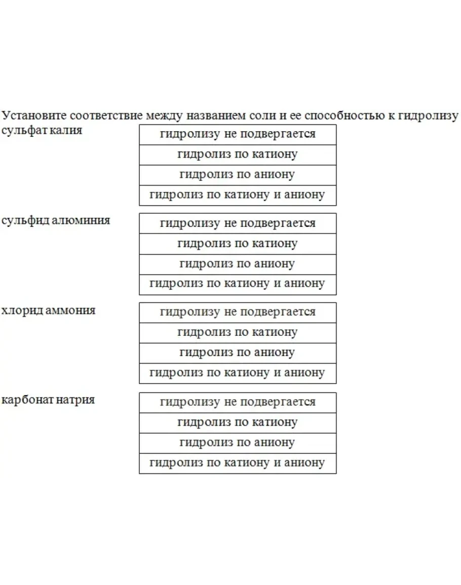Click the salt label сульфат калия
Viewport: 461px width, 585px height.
42,130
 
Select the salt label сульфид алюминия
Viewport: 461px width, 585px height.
56,220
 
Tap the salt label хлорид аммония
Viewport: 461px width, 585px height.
48,310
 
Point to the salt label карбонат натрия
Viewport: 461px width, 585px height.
48,400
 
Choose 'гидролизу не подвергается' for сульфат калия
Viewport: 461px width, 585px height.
238,134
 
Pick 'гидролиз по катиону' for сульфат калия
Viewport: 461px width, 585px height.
238,154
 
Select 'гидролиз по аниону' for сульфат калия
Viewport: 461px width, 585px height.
238,175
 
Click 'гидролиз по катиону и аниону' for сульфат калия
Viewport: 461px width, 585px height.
238,194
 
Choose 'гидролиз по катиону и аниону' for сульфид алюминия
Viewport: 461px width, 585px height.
238,284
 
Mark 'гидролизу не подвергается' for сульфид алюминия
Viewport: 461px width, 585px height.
238,223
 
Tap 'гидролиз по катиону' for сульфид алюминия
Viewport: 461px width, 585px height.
238,244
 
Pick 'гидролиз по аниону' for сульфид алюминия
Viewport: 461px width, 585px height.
238,264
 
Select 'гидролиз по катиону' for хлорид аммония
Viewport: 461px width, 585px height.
238,333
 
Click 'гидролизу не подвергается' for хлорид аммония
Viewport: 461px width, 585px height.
238,313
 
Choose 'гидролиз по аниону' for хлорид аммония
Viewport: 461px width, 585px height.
238,353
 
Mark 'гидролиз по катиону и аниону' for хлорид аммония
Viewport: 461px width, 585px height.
238,373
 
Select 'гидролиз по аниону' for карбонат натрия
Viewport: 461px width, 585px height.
238,443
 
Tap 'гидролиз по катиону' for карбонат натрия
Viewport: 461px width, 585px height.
238,422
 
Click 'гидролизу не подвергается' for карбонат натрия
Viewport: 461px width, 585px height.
238,402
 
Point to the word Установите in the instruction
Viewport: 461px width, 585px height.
32,115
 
